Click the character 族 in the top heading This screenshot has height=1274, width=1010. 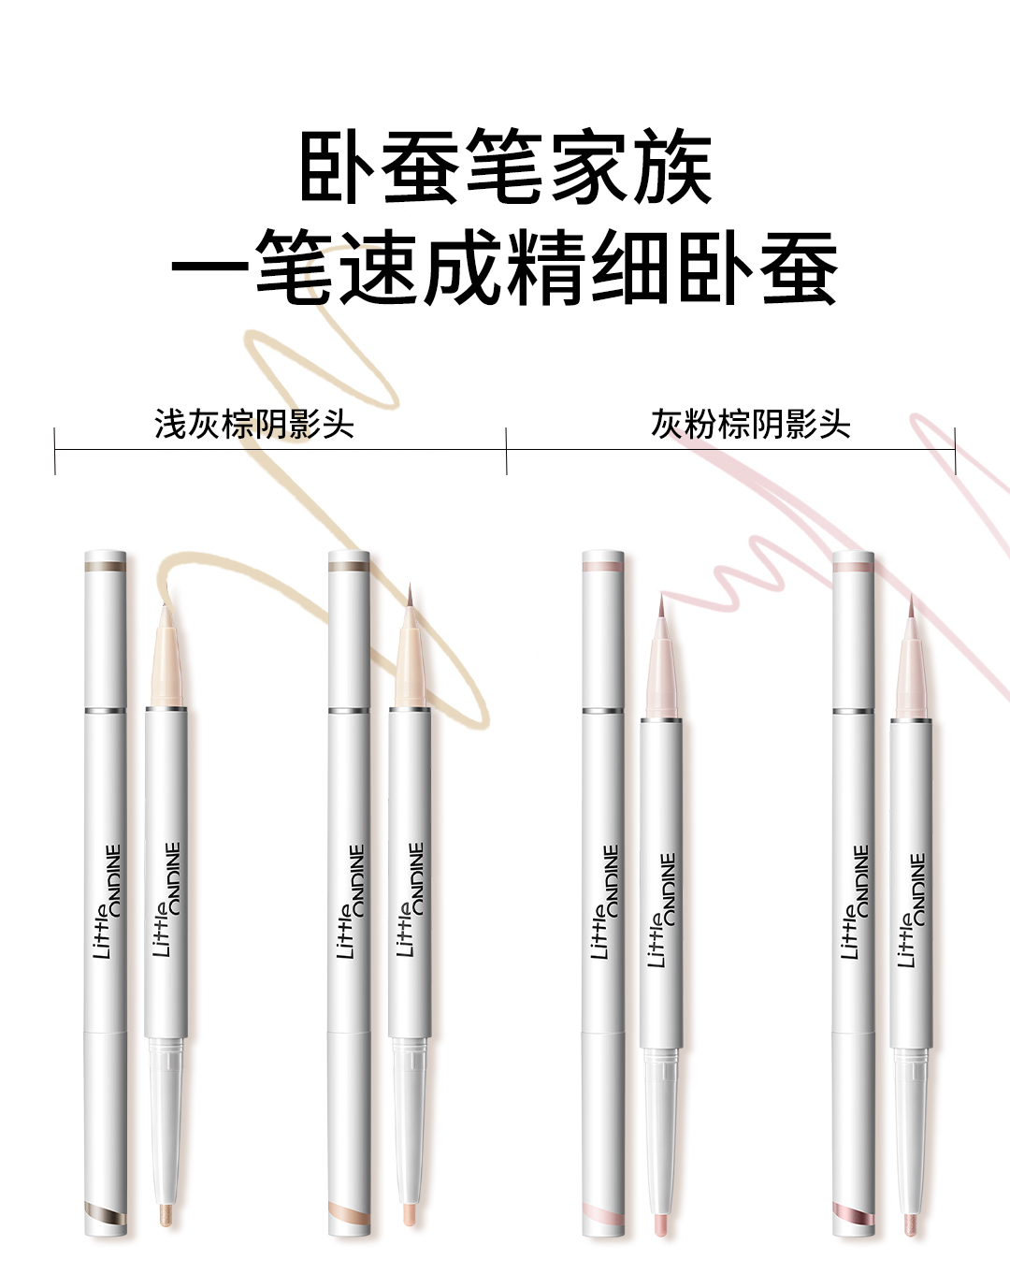point(673,166)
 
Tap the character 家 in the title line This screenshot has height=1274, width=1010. point(589,166)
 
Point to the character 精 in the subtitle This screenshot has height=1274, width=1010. point(546,268)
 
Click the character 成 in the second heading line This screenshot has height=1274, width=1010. point(463,268)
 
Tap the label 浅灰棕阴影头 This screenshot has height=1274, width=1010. point(254,424)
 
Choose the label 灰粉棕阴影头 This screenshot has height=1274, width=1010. point(751,424)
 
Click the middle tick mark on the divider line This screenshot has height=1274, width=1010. point(507,451)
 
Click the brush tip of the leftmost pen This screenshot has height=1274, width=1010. point(166,646)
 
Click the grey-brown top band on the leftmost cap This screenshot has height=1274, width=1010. point(106,567)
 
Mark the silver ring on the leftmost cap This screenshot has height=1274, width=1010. point(106,710)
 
